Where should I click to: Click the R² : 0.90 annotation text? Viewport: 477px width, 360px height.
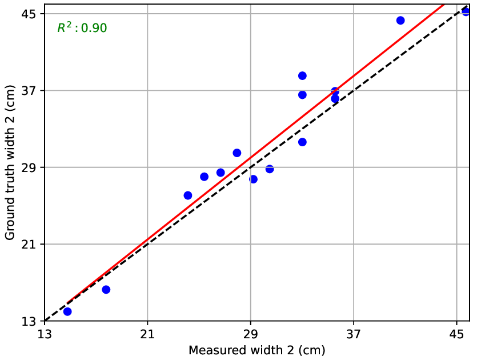[82, 27]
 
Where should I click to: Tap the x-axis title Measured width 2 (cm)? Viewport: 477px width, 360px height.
[256, 350]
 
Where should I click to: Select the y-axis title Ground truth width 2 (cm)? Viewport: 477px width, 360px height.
[10, 163]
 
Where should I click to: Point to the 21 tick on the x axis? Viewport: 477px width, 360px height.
[147, 332]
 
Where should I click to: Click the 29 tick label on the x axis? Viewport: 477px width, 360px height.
[250, 332]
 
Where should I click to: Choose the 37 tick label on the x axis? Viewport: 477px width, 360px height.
[354, 332]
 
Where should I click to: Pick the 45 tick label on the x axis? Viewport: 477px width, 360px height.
[456, 332]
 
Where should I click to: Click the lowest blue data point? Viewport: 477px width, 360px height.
[67, 311]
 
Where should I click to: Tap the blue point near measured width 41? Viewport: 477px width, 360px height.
[400, 21]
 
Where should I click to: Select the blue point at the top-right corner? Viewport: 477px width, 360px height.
[466, 11]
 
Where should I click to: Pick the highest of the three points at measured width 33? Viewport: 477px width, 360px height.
[302, 75]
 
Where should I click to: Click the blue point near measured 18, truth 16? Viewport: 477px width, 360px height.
[106, 290]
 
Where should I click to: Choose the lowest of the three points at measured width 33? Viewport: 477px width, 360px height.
[302, 142]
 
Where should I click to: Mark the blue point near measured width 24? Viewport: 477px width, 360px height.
[188, 195]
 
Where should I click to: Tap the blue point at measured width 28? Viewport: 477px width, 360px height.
[237, 153]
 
